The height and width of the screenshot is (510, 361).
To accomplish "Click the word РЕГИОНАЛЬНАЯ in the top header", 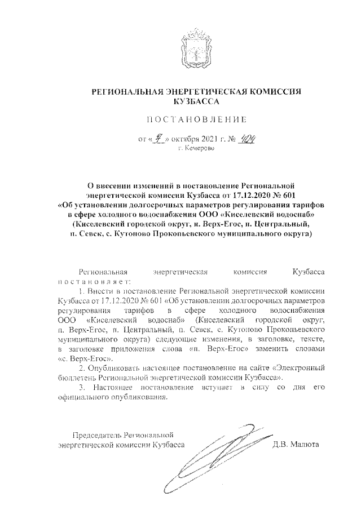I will coord(126,92).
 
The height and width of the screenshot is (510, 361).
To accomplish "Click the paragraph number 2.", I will coord(81,368).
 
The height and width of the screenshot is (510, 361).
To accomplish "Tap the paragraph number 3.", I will coord(81,388).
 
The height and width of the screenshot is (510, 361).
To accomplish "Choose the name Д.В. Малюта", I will coord(296,444).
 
